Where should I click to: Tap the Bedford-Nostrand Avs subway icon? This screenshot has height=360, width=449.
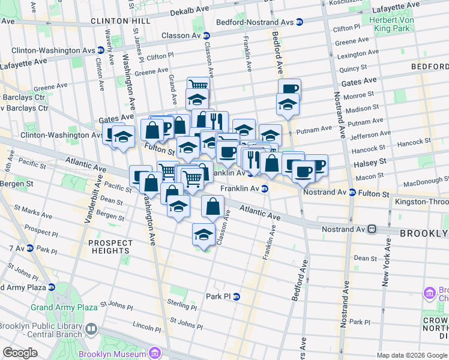point(299,22)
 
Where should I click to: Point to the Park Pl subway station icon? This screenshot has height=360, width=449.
point(236,296)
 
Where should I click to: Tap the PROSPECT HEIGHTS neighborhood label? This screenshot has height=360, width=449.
point(110,247)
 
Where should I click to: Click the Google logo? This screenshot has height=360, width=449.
point(20,353)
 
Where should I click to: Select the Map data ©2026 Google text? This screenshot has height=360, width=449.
point(412,355)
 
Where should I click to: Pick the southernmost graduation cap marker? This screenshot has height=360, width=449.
point(204,233)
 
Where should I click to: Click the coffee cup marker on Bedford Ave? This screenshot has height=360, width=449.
point(289,89)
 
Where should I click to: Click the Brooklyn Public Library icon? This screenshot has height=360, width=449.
point(91,328)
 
